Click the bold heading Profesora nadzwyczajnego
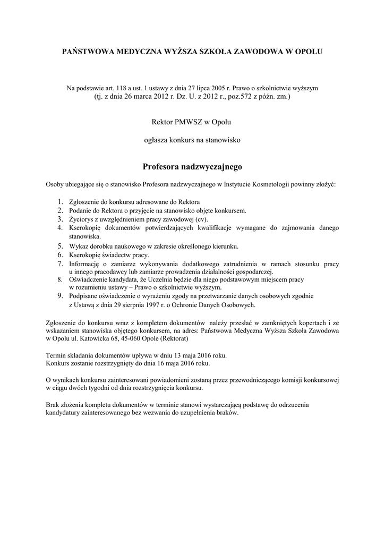[x=192, y=167]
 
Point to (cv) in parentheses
[x=201, y=219]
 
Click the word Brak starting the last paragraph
[x=54, y=405]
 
